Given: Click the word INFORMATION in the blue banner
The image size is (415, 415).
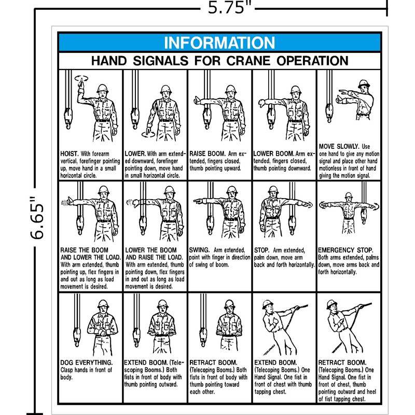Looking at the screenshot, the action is tap(219, 43).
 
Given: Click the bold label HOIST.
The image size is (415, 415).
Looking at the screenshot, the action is tap(69, 154).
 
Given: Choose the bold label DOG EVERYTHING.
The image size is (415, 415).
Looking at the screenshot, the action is tap(86, 362).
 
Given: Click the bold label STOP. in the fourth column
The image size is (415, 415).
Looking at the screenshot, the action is tap(262, 250).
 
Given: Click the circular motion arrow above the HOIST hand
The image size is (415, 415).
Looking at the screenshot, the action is tap(80, 78).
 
